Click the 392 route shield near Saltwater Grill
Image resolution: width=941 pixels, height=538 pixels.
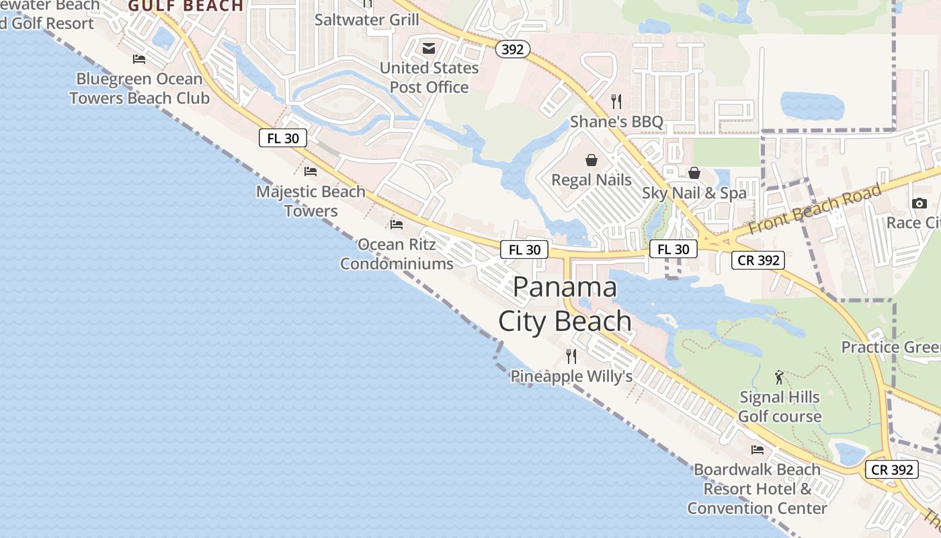point(514,49)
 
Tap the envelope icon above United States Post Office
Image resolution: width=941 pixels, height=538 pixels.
point(429,48)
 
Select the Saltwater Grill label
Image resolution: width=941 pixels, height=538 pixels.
point(366,20)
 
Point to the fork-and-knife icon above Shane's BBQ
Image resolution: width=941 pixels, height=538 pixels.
point(616,102)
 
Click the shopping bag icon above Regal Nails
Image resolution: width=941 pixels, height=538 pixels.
point(591,160)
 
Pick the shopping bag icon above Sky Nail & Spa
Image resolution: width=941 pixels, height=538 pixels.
point(694,173)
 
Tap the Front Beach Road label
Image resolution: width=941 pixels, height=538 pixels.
point(814,208)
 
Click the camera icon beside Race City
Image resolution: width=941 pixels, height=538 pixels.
point(919,203)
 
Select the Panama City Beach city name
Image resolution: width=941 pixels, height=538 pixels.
point(565,304)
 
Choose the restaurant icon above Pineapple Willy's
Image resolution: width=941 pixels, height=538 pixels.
point(571,356)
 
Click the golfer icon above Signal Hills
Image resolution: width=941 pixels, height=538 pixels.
point(779,377)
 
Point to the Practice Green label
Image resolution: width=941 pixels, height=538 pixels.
point(891,347)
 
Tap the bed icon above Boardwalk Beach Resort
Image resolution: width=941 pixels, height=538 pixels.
point(758,449)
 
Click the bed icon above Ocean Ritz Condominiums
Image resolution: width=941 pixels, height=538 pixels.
point(397,224)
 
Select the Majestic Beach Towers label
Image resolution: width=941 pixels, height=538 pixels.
point(311,201)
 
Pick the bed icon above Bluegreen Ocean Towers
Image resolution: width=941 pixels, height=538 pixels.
point(139,59)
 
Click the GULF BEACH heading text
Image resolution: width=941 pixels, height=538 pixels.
point(186,7)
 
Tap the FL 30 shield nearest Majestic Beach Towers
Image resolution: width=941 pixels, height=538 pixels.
point(283,139)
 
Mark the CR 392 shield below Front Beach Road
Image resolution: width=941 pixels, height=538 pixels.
point(758,260)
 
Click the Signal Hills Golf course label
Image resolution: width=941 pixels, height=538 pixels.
point(780,407)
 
